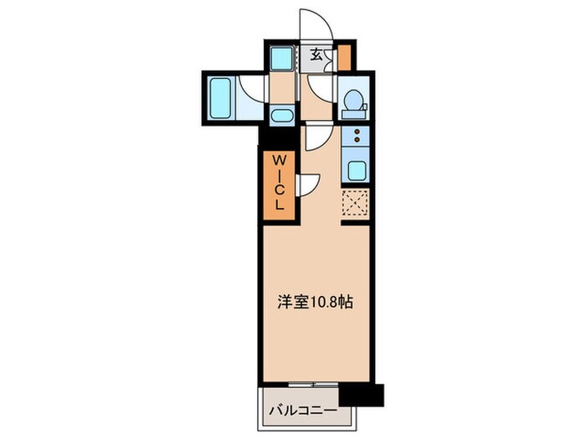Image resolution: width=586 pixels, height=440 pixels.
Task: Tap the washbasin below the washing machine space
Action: [281, 116]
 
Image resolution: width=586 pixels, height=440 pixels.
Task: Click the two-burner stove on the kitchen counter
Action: [357, 137]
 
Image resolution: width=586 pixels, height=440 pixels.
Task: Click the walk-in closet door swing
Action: [307, 183]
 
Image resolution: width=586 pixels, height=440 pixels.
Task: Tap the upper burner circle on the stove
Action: [357, 132]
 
